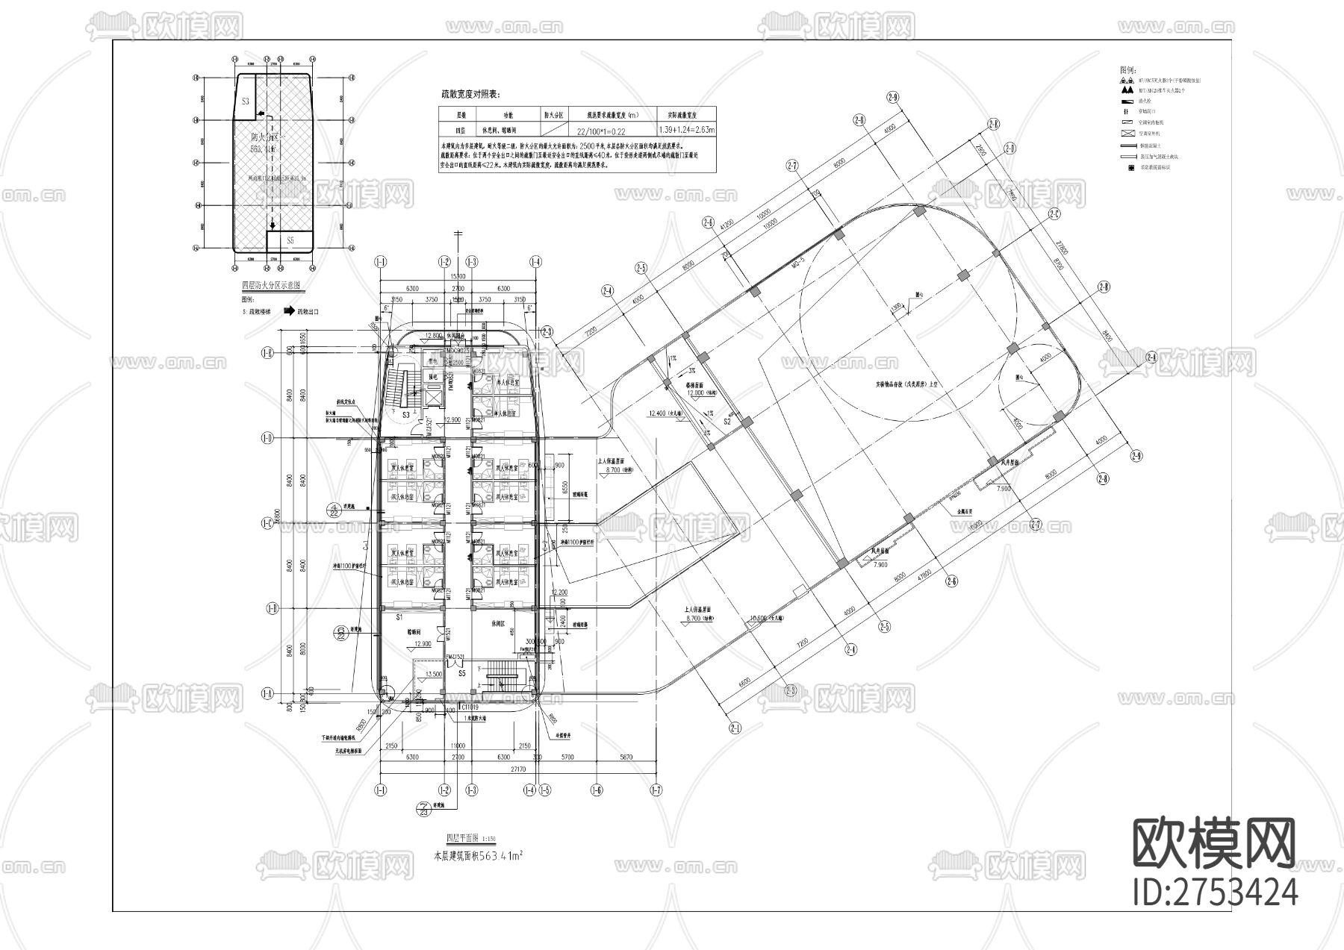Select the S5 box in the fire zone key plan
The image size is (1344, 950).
tap(290, 240)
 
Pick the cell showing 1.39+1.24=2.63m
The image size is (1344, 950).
tap(686, 131)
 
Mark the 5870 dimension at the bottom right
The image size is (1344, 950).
tap(626, 757)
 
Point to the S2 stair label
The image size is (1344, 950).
tap(727, 422)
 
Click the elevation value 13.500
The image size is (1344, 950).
tap(433, 673)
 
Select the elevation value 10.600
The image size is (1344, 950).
tap(759, 618)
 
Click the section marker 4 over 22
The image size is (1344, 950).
tap(334, 510)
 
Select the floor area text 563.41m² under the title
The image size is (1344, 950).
tap(478, 857)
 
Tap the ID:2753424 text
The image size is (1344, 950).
tap(1215, 893)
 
